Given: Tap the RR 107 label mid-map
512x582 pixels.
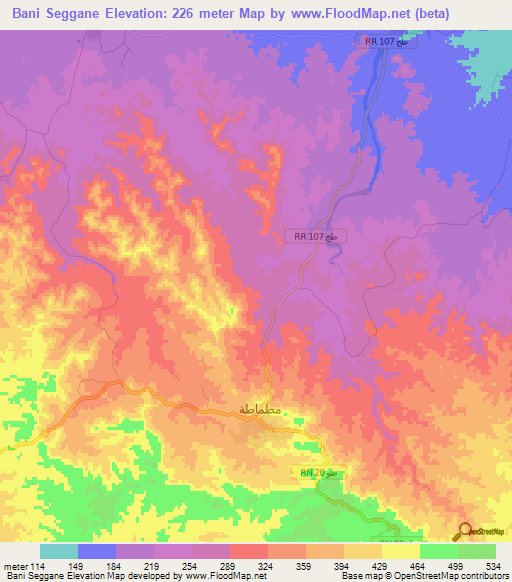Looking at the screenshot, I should [317, 236].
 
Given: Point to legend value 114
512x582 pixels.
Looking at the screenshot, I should [37, 564].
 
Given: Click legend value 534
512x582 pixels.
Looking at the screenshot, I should [495, 564].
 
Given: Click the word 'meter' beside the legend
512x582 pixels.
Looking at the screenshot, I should [14, 564].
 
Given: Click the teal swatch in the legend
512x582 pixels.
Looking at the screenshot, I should [58, 551].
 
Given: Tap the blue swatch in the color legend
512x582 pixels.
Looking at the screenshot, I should [97, 551].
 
